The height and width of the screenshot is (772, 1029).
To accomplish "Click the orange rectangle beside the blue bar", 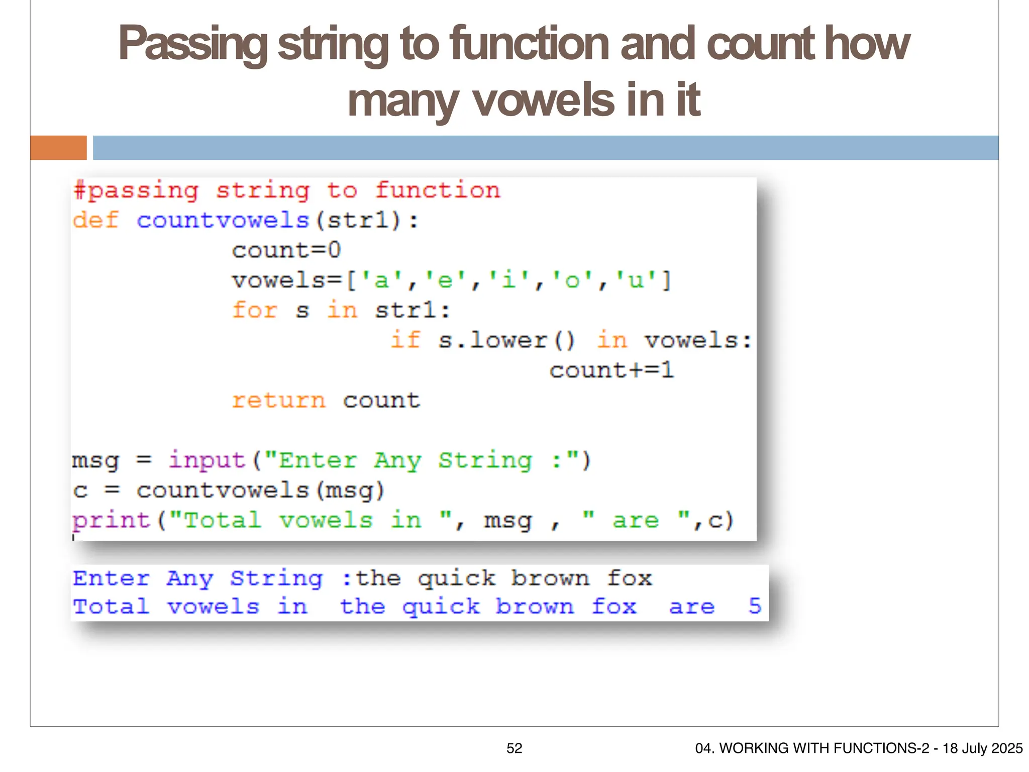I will click(58, 148).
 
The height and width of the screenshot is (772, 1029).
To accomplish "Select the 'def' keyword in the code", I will click(95, 220).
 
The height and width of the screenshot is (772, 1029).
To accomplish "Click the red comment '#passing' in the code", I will click(136, 191).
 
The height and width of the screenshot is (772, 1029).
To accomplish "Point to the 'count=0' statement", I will click(286, 250).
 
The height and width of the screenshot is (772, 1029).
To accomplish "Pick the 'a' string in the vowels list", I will click(381, 280).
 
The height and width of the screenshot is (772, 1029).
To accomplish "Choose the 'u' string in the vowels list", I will click(636, 280).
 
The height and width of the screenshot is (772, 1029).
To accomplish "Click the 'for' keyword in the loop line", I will click(255, 310).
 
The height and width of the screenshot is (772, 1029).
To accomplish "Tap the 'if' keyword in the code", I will click(405, 340).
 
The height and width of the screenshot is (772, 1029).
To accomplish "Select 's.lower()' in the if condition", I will click(506, 340).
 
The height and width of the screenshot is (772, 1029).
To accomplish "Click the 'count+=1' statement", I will click(611, 370).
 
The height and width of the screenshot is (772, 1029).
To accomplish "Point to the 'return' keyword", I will click(279, 401).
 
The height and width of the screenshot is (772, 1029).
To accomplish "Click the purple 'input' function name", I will click(207, 460).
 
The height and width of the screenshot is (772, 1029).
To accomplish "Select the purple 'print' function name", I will click(112, 520).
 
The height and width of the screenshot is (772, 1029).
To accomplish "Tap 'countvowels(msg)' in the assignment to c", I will click(260, 490).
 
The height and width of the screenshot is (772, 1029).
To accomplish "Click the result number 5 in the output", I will click(755, 606).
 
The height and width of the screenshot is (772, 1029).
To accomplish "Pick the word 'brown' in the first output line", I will click(550, 578).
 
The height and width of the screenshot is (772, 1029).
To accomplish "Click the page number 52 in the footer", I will click(514, 748).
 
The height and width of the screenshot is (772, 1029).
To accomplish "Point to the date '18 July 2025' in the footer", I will click(982, 748).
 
